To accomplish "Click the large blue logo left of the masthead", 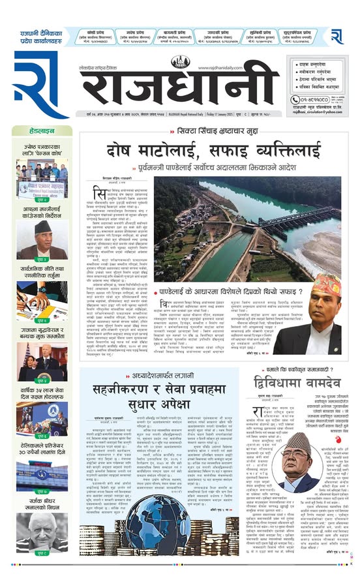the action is [x=40, y=85].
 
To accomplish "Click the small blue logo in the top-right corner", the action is [x=337, y=37].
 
